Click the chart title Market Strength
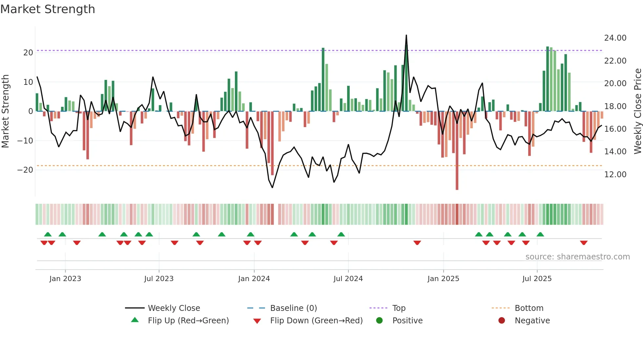pyautogui.click(x=48, y=9)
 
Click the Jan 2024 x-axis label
pyautogui.click(x=254, y=279)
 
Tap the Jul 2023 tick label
pyautogui.click(x=159, y=279)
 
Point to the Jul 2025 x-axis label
pyautogui.click(x=537, y=279)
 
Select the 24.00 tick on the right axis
pyautogui.click(x=615, y=38)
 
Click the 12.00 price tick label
pyautogui.click(x=615, y=174)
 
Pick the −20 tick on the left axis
pyautogui.click(x=25, y=170)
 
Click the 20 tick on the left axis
pyautogui.click(x=28, y=52)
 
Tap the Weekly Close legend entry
pyautogui.click(x=174, y=308)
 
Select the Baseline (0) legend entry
pyautogui.click(x=293, y=308)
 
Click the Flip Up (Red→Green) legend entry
pyautogui.click(x=188, y=321)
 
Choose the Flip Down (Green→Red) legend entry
pyautogui.click(x=316, y=321)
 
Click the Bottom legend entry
pyautogui.click(x=529, y=308)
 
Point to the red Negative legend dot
pyautogui.click(x=502, y=321)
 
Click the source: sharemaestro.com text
pyautogui.click(x=577, y=257)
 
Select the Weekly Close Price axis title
pyautogui.click(x=637, y=111)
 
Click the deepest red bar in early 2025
pyautogui.click(x=457, y=151)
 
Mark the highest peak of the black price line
pyautogui.click(x=406, y=35)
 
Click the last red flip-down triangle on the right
pyautogui.click(x=584, y=243)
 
